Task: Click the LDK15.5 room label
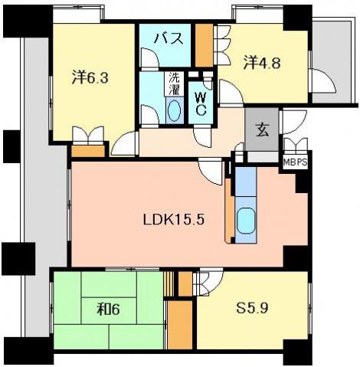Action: pyautogui.click(x=174, y=219)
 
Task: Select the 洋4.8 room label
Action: pyautogui.click(x=262, y=63)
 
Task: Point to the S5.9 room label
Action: pyautogui.click(x=252, y=309)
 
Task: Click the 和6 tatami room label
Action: pyautogui.click(x=109, y=310)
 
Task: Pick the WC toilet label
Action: pyautogui.click(x=201, y=104)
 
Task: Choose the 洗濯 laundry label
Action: pyautogui.click(x=175, y=84)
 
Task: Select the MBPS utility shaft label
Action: pyautogui.click(x=295, y=162)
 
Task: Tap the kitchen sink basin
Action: pyautogui.click(x=246, y=221)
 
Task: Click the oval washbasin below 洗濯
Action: pyautogui.click(x=175, y=110)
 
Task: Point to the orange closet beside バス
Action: pyautogui.click(x=205, y=45)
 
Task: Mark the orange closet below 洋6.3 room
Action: pyautogui.click(x=88, y=151)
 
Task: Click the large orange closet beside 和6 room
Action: pyautogui.click(x=180, y=325)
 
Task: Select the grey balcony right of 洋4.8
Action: pyautogui.click(x=332, y=62)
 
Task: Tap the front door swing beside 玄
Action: pyautogui.click(x=294, y=122)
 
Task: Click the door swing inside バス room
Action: pyautogui.click(x=150, y=57)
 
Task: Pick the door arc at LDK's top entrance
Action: pyautogui.click(x=211, y=172)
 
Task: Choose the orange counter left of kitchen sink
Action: pyautogui.click(x=229, y=210)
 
